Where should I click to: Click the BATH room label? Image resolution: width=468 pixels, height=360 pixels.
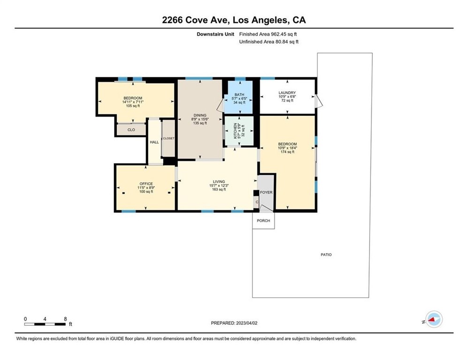click(239, 95)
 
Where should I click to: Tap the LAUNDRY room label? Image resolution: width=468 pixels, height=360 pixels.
click(287, 93)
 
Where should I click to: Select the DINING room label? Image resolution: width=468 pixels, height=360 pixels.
click(200, 115)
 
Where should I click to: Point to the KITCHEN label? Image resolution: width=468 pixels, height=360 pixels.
click(235, 131)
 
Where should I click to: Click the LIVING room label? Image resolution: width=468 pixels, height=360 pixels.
click(219, 181)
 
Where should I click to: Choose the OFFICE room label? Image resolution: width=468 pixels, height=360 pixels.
click(146, 184)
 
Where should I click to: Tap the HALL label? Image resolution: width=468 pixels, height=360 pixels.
click(154, 142)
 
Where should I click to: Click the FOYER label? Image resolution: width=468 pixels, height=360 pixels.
click(266, 192)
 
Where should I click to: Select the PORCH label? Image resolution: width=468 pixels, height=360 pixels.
click(264, 221)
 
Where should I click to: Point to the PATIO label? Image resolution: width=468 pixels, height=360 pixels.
click(326, 255)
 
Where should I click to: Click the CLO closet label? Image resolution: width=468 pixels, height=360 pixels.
click(131, 130)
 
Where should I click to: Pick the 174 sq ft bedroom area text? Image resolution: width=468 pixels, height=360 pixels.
click(287, 152)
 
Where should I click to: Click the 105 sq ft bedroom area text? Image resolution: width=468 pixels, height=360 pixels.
click(133, 106)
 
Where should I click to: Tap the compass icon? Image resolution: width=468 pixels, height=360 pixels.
click(434, 319)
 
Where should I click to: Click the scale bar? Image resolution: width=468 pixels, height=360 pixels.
click(45, 324)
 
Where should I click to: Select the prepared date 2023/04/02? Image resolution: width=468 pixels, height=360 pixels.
click(247, 323)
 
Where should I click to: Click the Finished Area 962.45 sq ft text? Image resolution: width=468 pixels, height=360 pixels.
click(268, 34)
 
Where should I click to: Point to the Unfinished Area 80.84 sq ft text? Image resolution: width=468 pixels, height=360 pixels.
click(269, 42)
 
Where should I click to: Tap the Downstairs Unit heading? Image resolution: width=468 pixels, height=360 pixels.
click(216, 34)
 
